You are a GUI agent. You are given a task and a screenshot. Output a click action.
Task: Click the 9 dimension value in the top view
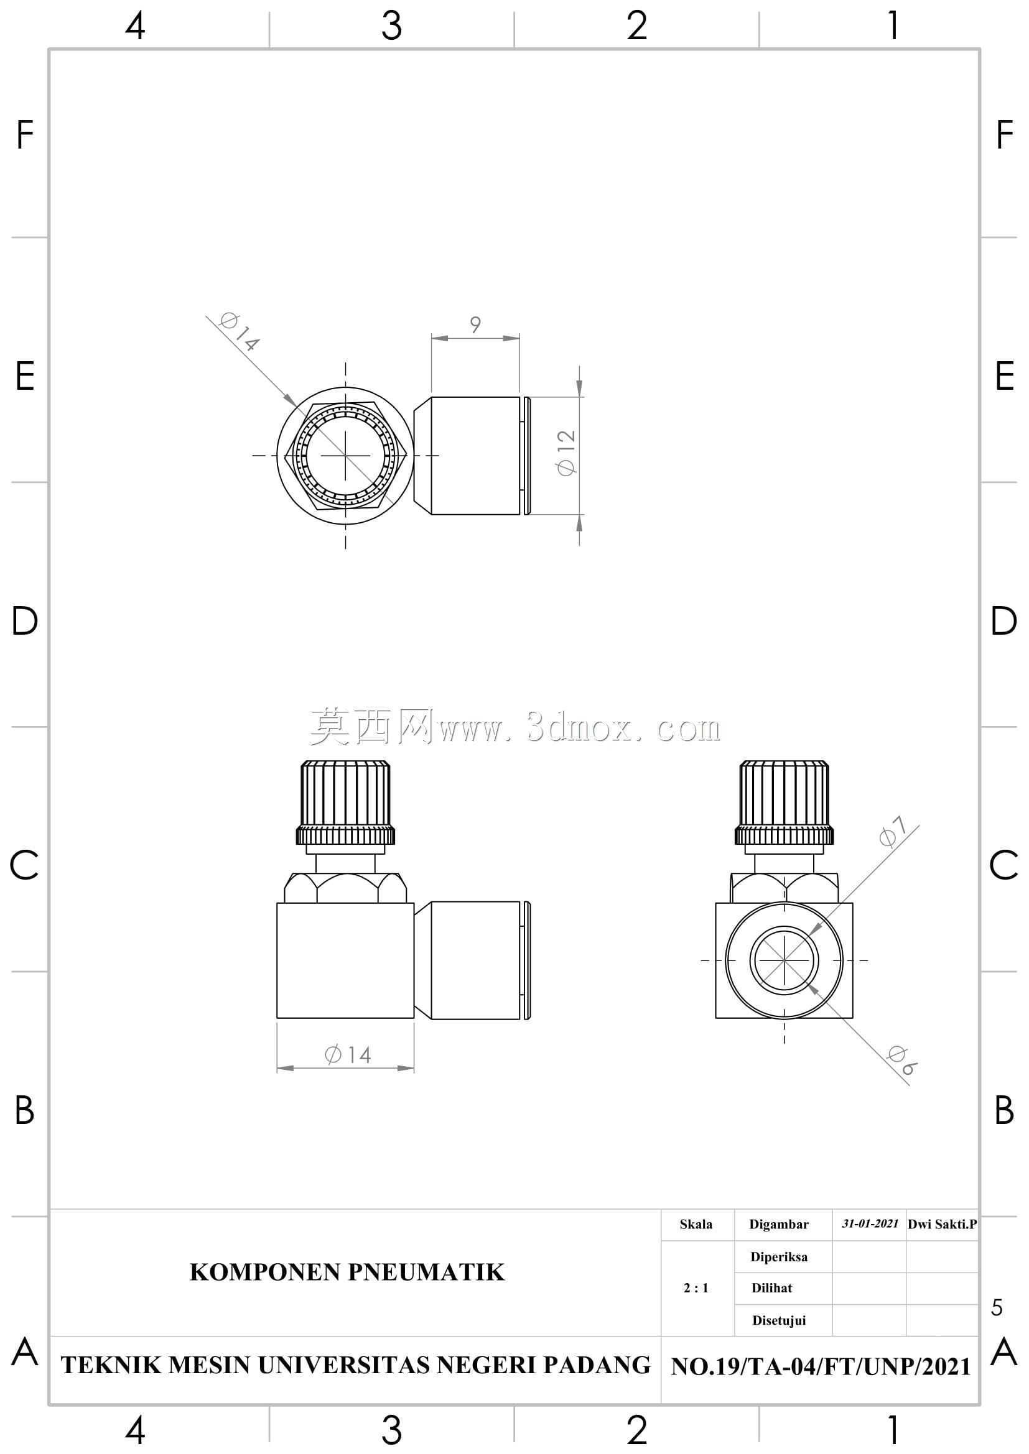coord(475,325)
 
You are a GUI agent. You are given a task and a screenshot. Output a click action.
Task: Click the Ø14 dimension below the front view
coord(347,1054)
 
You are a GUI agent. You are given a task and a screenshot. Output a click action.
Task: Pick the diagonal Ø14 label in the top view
coord(240,332)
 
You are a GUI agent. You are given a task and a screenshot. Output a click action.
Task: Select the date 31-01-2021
coord(870,1224)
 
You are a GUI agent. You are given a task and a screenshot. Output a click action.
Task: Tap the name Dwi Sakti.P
coord(942,1224)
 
